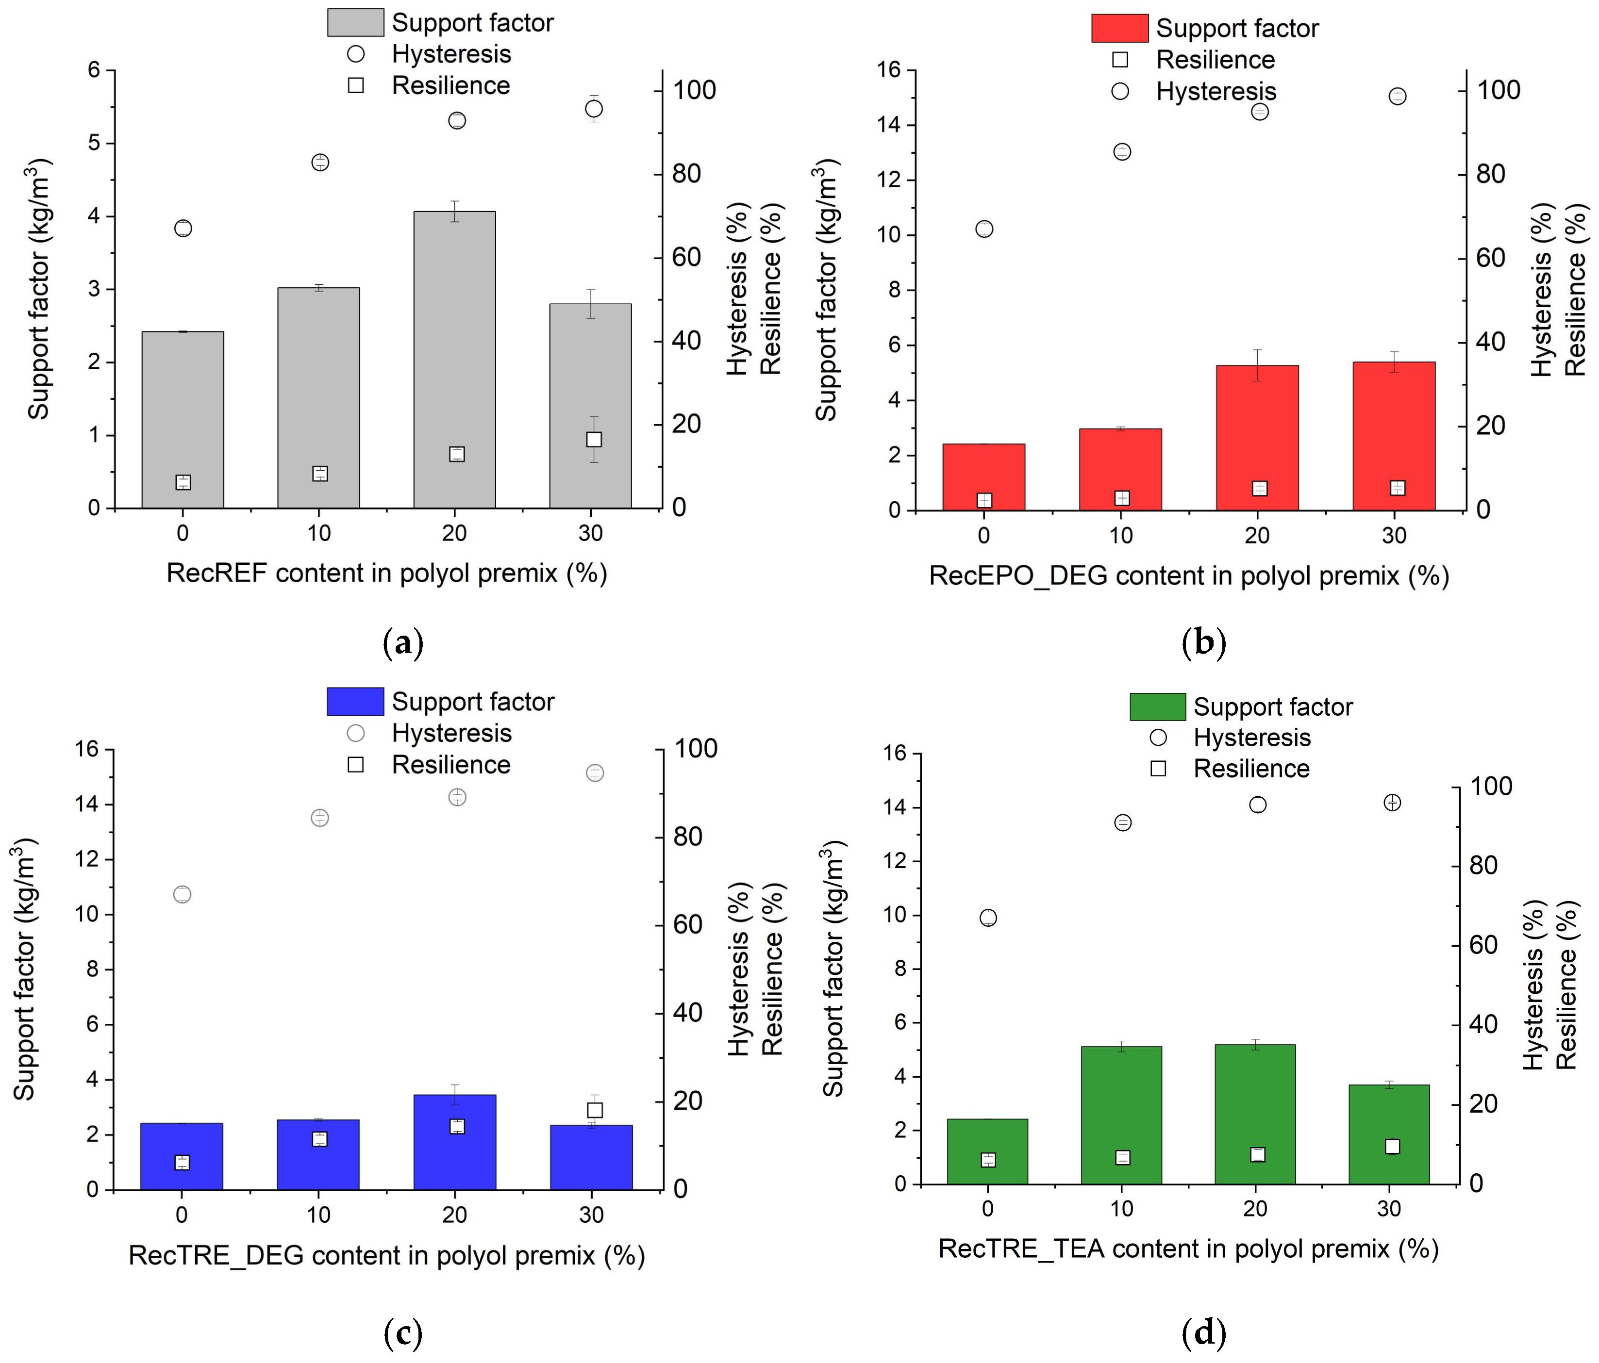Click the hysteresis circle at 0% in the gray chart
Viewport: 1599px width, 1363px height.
point(183,229)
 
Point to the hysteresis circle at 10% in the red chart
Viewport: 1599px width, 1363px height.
point(1122,152)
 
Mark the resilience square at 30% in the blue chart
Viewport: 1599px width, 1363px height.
point(594,1110)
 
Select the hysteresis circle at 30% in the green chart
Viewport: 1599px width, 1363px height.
point(1392,803)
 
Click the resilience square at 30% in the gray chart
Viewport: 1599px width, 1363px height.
point(594,440)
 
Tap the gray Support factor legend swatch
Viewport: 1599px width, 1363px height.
point(355,22)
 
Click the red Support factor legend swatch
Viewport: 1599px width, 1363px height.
point(1119,29)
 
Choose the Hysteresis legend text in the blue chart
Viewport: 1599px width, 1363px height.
point(451,733)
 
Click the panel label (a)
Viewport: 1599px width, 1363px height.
point(403,642)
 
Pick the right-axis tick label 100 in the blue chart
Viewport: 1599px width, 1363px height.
point(696,748)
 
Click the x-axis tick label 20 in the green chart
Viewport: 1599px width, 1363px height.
point(1255,1209)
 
